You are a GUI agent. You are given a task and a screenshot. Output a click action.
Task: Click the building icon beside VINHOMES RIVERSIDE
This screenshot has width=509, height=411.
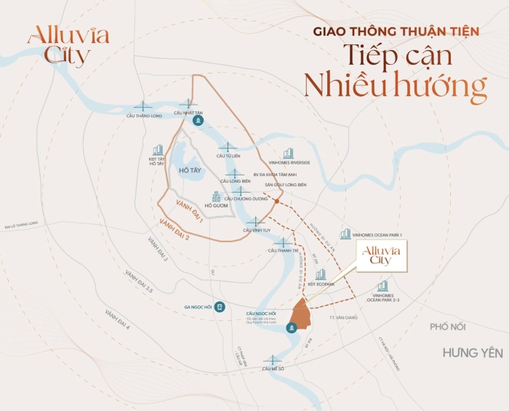pyautogui.click(x=289, y=153)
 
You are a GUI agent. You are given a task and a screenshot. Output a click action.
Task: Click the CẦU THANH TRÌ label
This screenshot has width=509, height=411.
pyautogui.click(x=283, y=250)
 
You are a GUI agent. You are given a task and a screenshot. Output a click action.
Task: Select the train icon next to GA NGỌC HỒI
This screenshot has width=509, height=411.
pyautogui.click(x=219, y=308)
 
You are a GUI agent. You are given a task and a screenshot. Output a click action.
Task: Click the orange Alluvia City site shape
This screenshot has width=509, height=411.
pyautogui.click(x=301, y=314)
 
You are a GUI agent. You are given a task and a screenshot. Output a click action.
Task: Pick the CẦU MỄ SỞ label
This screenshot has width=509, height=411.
pyautogui.click(x=273, y=369)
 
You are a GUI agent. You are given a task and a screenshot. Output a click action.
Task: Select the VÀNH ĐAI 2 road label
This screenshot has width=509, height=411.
pyautogui.click(x=175, y=225)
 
